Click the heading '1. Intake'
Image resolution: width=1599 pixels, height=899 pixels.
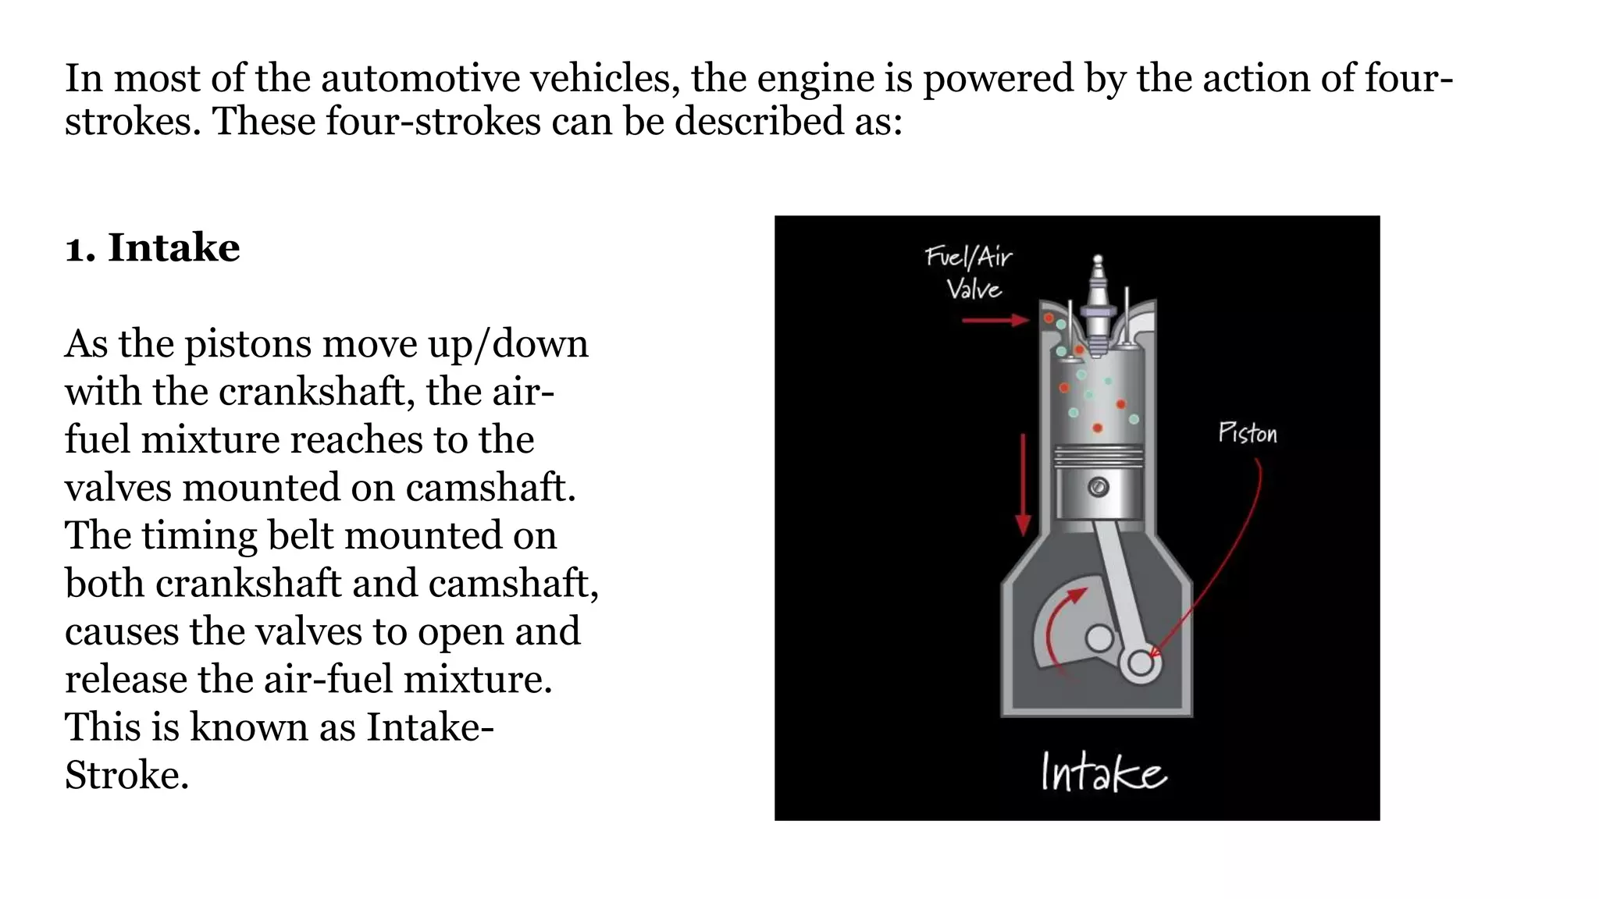152,248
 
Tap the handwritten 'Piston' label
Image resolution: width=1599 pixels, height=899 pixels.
1247,433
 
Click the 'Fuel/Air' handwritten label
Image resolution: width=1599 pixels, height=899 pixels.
968,257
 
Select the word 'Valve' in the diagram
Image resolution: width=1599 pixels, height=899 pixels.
974,290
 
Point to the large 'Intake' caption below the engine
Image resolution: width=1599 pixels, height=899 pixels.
1102,773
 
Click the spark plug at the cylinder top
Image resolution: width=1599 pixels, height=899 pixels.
1097,308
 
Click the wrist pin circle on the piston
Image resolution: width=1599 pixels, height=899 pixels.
1098,488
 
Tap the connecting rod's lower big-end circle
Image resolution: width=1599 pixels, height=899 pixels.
1140,663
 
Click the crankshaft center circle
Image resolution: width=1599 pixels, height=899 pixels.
1099,638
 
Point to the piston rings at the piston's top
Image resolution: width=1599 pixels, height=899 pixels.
1097,457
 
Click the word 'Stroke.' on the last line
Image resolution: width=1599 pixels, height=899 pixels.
126,776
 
